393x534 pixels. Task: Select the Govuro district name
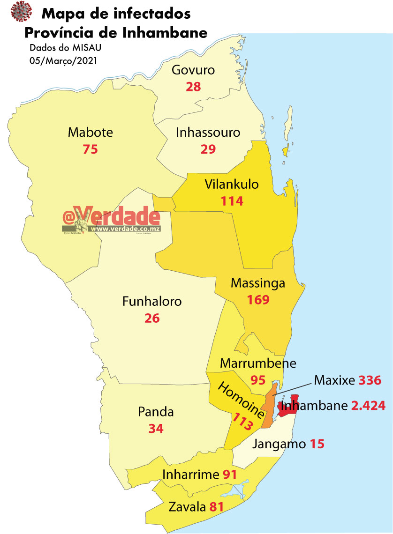(193, 70)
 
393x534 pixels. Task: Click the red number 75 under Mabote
(91, 149)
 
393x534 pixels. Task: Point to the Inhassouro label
(208, 133)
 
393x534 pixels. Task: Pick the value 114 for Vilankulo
(232, 201)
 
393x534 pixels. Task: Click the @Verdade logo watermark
(112, 221)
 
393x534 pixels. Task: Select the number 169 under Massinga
(258, 300)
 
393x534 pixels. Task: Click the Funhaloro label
(151, 301)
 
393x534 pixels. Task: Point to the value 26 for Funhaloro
(152, 319)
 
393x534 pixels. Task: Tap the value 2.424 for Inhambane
(369, 406)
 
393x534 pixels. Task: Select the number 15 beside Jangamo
(317, 444)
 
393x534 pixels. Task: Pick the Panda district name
(156, 412)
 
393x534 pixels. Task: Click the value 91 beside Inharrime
(229, 475)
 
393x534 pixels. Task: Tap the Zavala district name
(188, 507)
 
